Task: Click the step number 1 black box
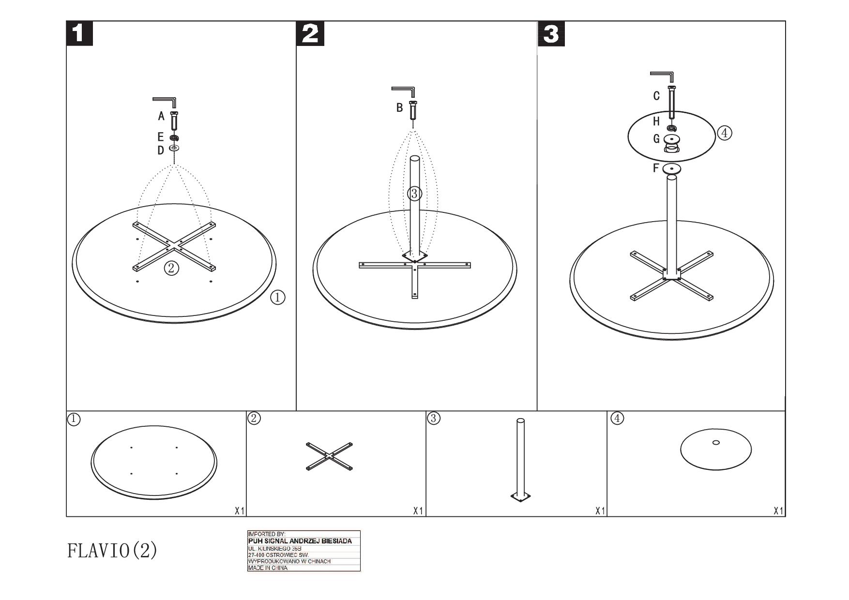[x=79, y=33]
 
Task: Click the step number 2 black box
[x=310, y=33]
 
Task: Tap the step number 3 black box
[x=551, y=33]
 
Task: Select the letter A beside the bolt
[x=161, y=116]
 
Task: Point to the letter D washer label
[x=161, y=150]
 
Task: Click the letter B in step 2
[x=399, y=107]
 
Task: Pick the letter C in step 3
[x=656, y=96]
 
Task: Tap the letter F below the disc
[x=656, y=168]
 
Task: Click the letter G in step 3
[x=656, y=139]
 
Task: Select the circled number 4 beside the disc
[x=725, y=133]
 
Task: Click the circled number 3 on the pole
[x=414, y=194]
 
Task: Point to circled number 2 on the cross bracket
[x=171, y=268]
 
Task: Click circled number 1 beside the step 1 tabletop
[x=277, y=297]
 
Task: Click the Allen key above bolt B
[x=403, y=92]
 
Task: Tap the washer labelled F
[x=672, y=169]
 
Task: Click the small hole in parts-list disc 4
[x=716, y=442]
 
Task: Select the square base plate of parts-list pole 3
[x=520, y=497]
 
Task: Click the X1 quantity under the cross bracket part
[x=418, y=511]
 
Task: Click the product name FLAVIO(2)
[x=112, y=550]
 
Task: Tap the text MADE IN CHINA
[x=268, y=568]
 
